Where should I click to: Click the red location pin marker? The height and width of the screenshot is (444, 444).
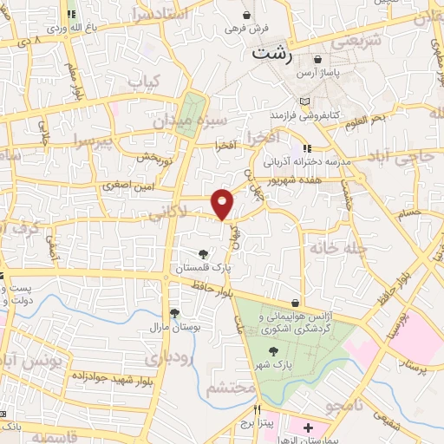click(x=223, y=203)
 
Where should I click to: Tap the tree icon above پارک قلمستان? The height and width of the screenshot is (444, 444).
click(x=203, y=254)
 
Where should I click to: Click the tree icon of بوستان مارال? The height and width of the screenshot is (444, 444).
click(x=173, y=313)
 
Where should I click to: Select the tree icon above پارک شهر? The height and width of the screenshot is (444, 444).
click(x=274, y=351)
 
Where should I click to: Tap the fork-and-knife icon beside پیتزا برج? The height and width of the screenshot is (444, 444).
click(x=257, y=408)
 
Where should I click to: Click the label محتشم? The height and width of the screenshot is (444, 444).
click(x=228, y=388)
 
